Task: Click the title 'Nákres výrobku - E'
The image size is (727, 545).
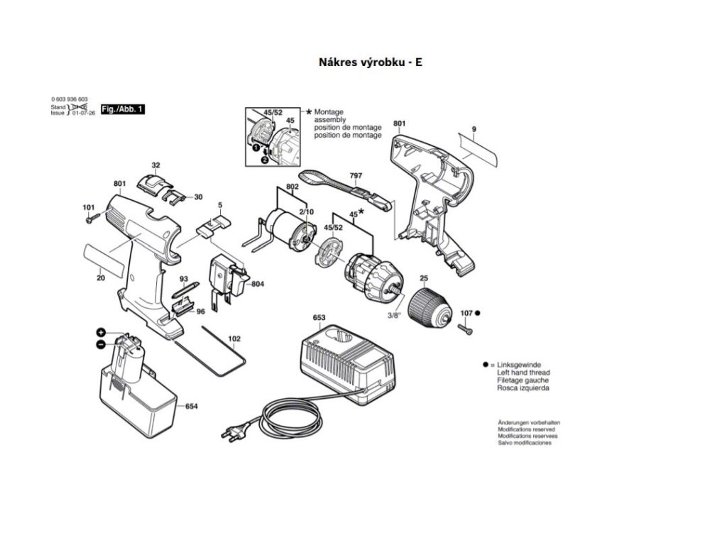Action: pyautogui.click(x=371, y=62)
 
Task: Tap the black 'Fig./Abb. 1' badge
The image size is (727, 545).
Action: pyautogui.click(x=123, y=109)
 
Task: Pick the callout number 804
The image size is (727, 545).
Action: pyautogui.click(x=258, y=285)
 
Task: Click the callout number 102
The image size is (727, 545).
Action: pyautogui.click(x=234, y=338)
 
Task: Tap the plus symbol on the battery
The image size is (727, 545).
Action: pyautogui.click(x=102, y=332)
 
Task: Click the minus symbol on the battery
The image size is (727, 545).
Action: pyautogui.click(x=101, y=345)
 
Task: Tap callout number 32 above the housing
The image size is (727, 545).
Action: pyautogui.click(x=156, y=165)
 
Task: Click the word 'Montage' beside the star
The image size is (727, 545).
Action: pyautogui.click(x=329, y=113)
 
